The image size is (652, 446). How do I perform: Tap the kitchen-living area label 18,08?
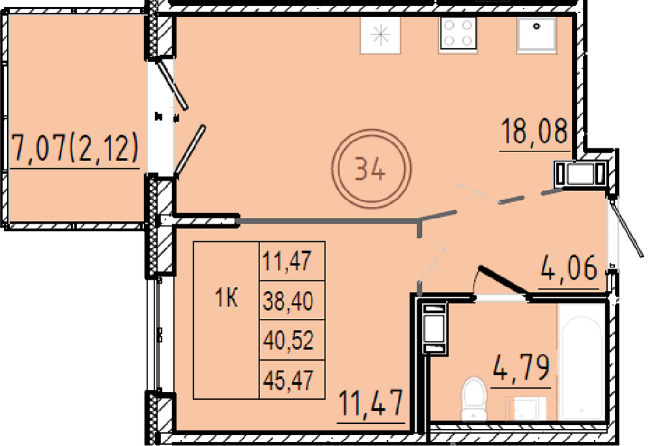[535, 130]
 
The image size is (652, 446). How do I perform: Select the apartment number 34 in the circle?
[370, 170]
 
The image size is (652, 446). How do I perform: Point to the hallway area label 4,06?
[569, 267]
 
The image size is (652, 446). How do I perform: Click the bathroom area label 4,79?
[521, 368]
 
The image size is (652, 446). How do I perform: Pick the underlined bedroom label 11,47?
[370, 403]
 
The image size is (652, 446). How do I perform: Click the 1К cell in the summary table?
[226, 298]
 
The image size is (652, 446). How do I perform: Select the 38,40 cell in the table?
[288, 301]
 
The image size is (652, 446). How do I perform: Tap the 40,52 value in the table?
[288, 340]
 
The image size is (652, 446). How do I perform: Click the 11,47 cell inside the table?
[287, 261]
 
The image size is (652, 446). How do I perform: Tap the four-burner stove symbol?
[458, 35]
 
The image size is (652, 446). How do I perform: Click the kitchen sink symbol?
[536, 35]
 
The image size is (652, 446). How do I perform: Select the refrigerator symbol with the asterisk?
[380, 35]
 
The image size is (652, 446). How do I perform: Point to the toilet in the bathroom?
[473, 398]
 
